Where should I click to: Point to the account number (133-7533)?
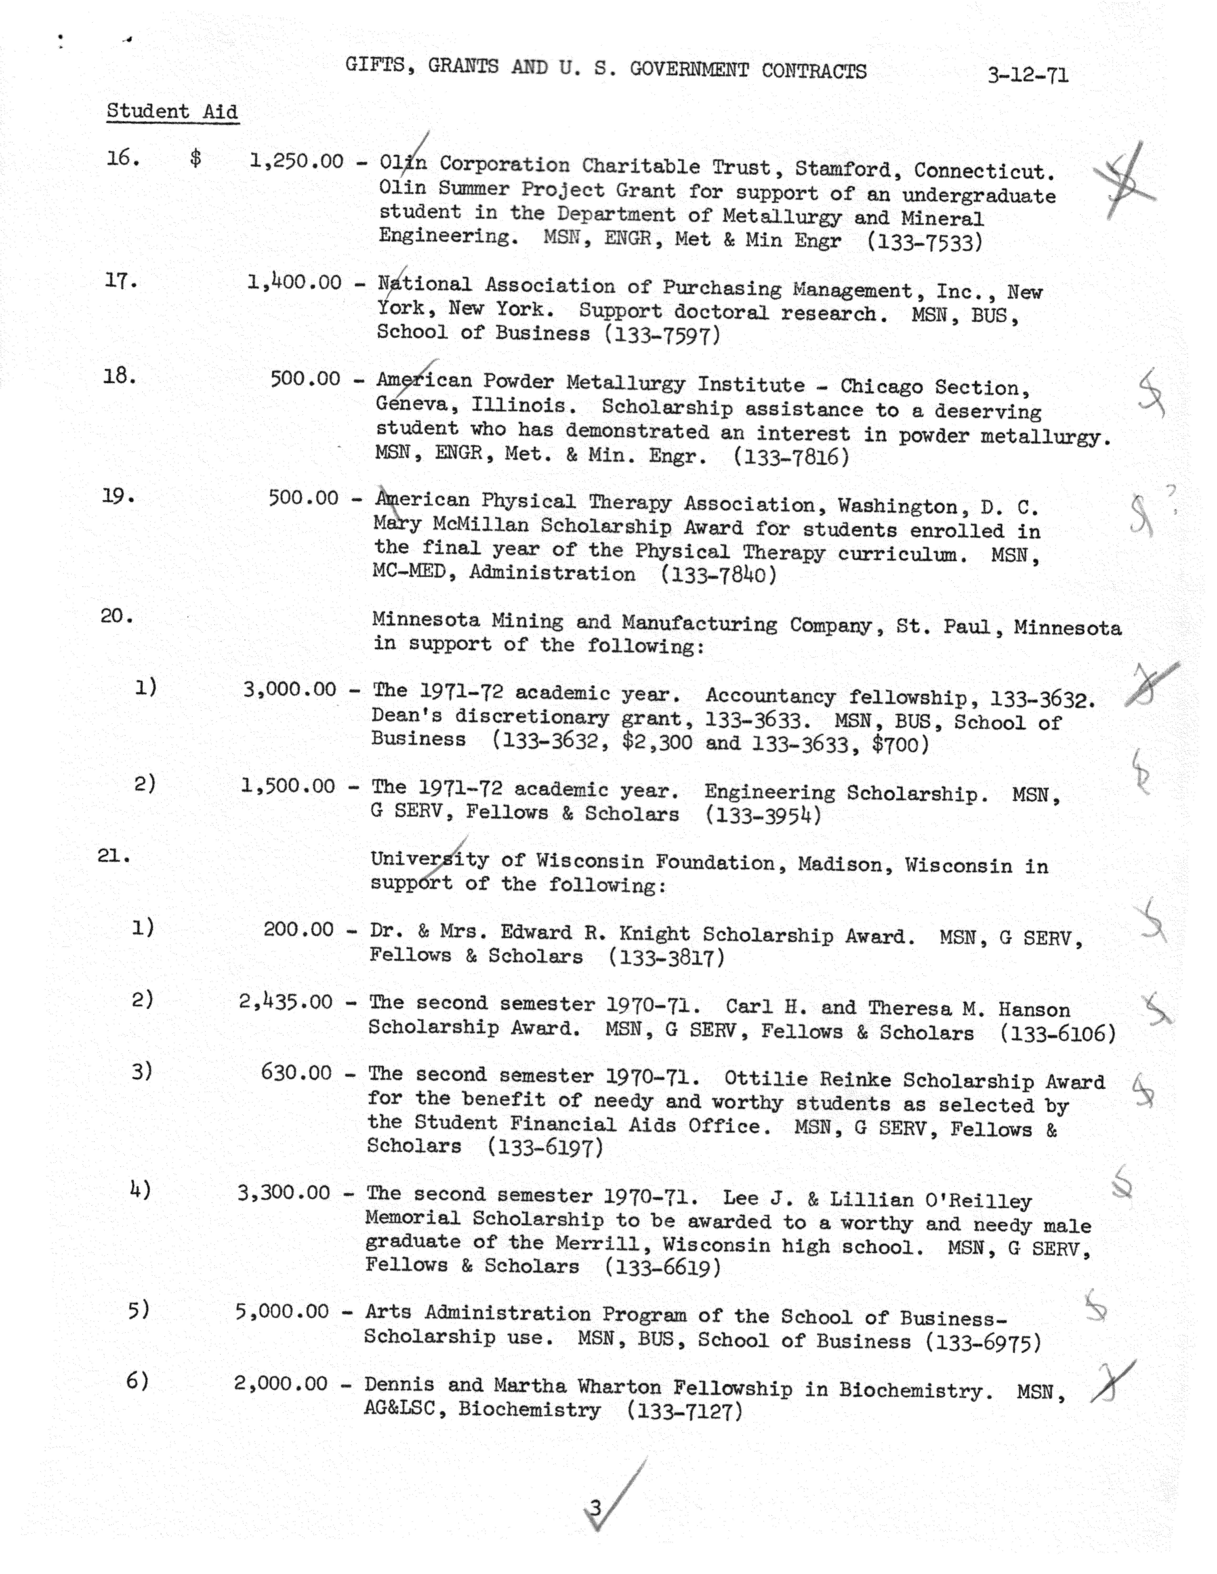tap(924, 241)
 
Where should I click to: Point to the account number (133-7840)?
tap(718, 575)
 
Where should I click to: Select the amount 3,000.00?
tap(290, 690)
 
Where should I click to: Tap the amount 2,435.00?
tap(286, 1002)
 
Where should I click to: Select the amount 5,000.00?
tap(282, 1311)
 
